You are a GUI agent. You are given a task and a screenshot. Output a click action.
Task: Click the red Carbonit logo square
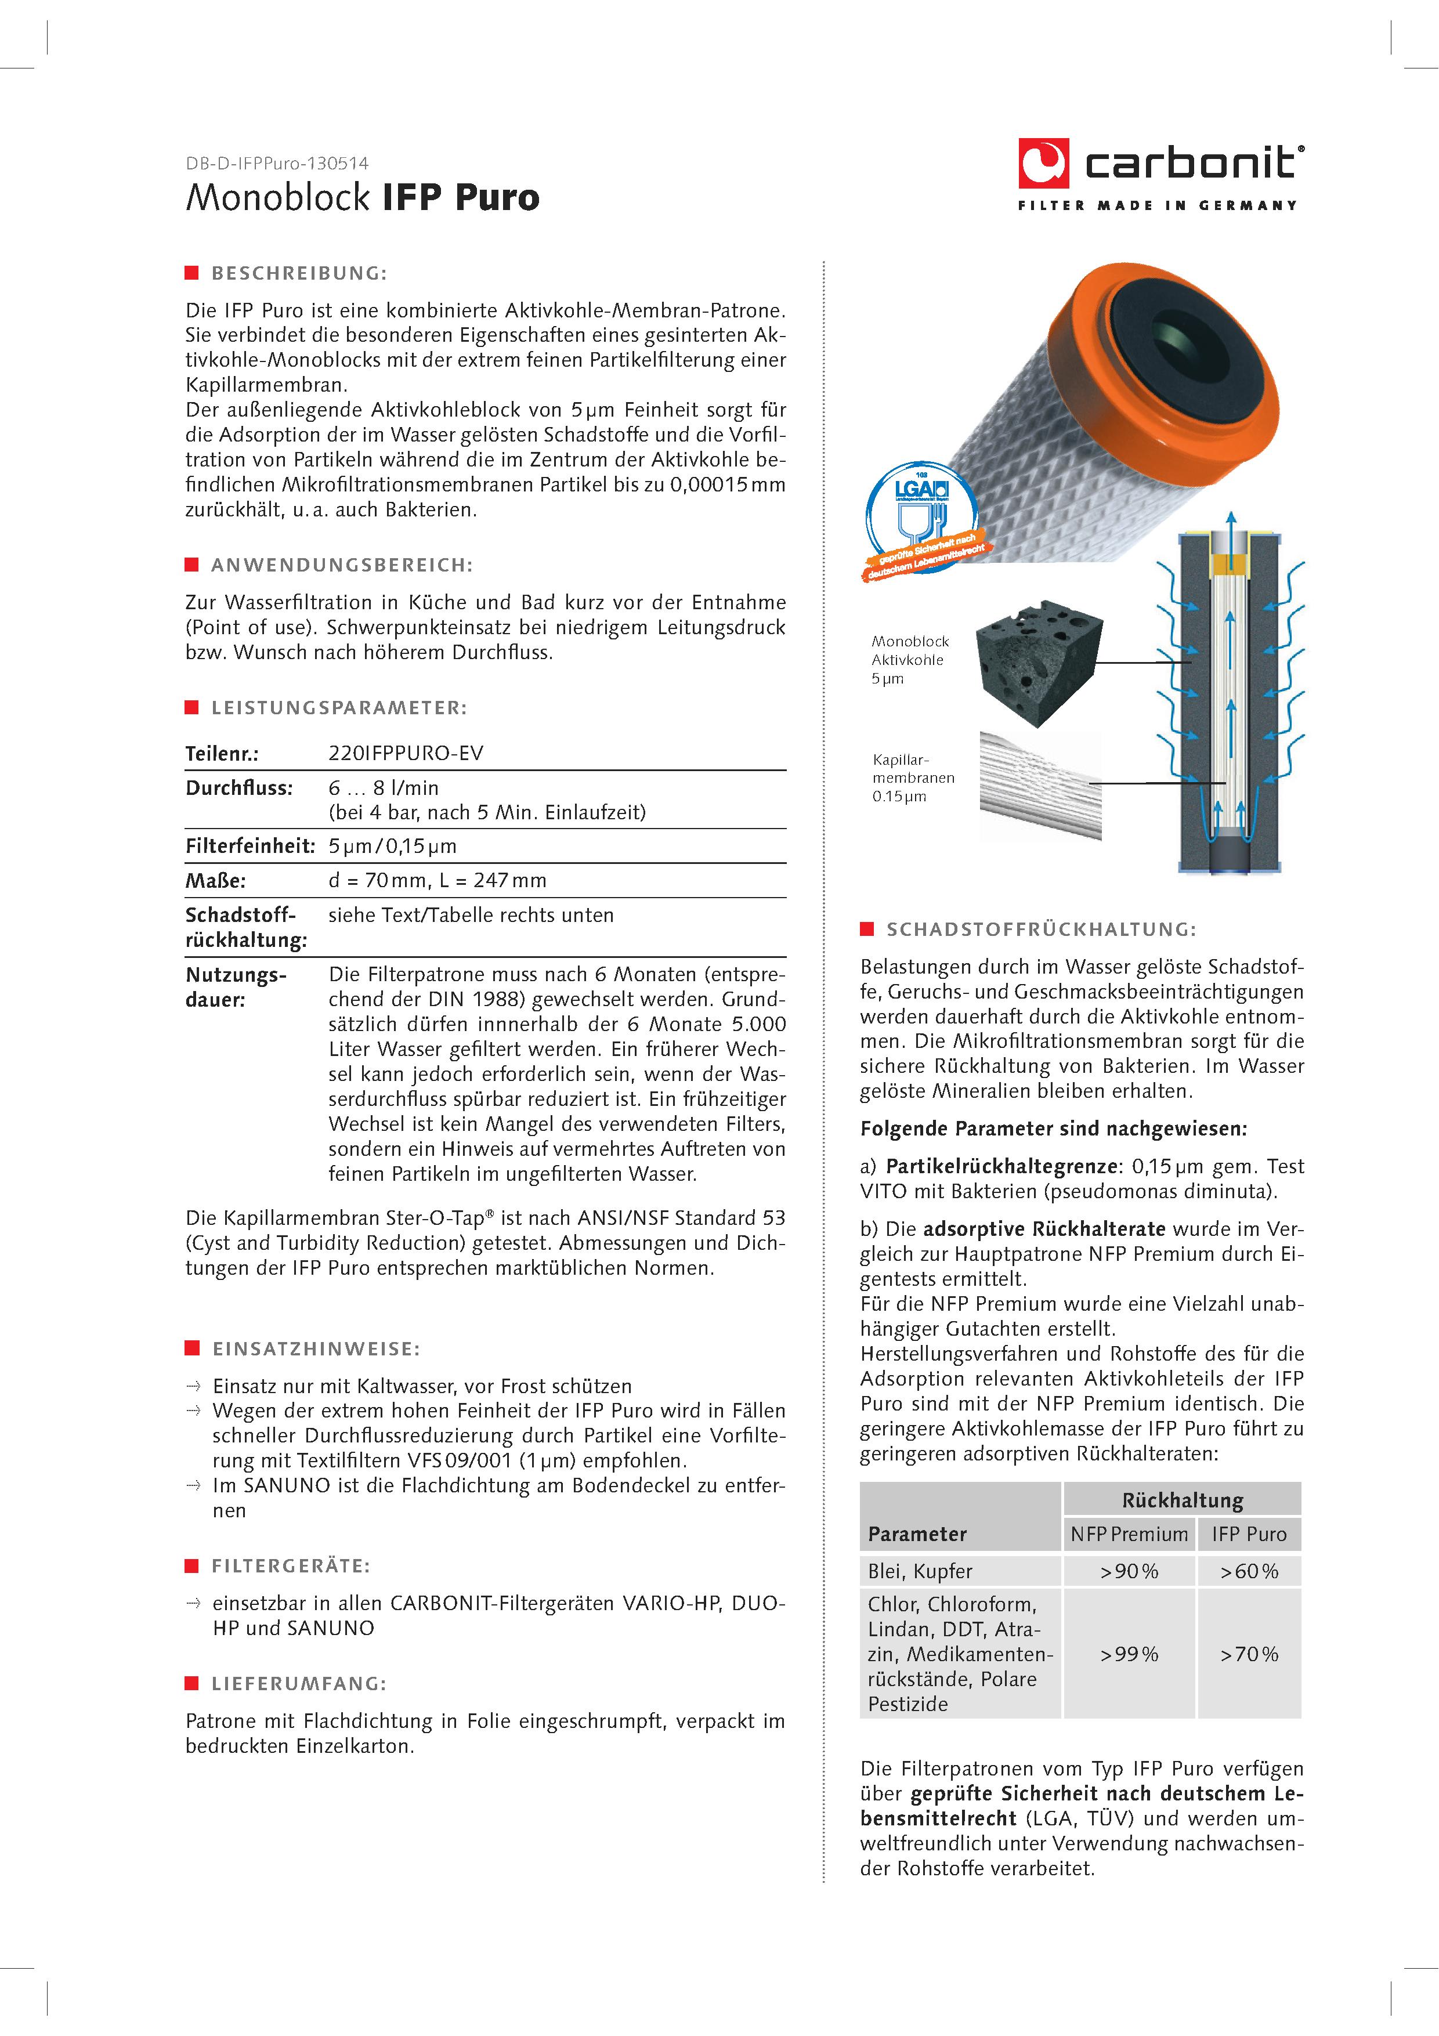tap(1043, 163)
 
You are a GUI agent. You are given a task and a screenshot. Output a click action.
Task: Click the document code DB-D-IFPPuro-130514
tap(277, 163)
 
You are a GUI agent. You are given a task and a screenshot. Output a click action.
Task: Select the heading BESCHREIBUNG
tap(299, 273)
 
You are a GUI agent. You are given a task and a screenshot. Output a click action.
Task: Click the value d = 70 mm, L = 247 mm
tap(437, 881)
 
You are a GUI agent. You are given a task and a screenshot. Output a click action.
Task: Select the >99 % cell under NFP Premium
tap(1129, 1654)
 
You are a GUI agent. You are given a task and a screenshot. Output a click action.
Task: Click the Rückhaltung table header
tap(1182, 1500)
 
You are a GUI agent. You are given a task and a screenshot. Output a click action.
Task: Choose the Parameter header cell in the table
tap(917, 1534)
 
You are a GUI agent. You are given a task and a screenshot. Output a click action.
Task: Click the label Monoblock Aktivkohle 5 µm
tap(910, 660)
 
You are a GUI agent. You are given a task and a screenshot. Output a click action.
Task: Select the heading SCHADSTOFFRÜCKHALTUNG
tap(1041, 930)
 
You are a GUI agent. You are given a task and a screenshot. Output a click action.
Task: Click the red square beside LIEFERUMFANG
tap(191, 1683)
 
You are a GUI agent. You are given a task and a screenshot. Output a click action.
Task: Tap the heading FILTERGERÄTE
tap(291, 1566)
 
